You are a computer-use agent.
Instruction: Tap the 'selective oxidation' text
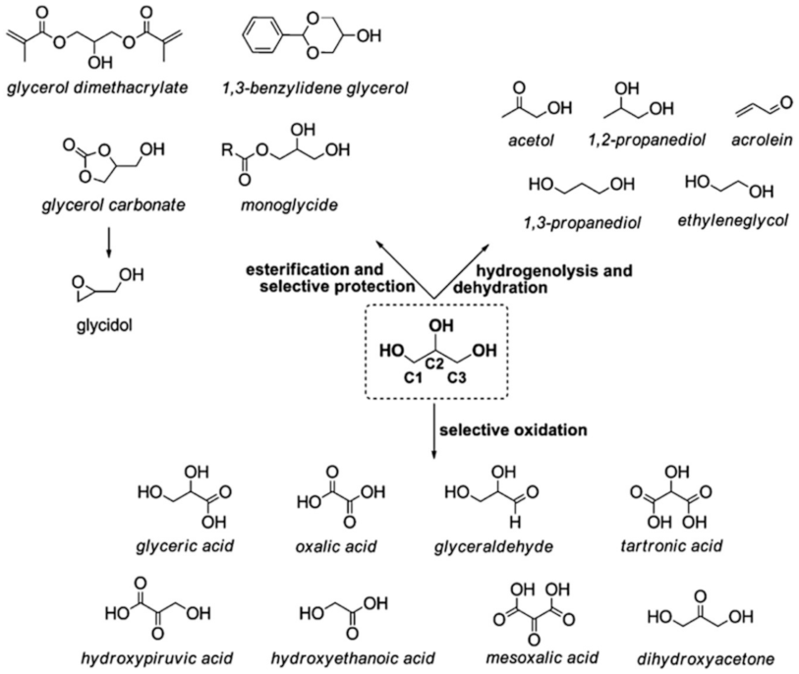point(500,429)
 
